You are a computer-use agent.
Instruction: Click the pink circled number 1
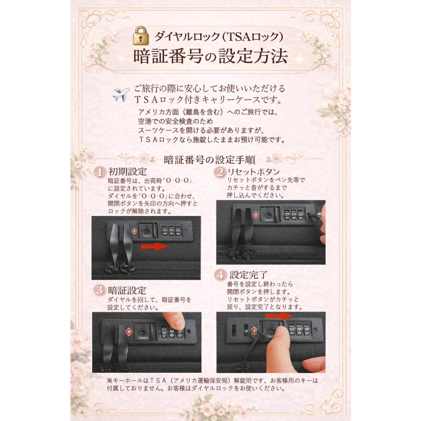100,172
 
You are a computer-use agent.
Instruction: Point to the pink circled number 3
100,290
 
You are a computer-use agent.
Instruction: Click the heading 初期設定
127,172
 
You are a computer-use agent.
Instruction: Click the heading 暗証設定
127,290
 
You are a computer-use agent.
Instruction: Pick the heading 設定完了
248,274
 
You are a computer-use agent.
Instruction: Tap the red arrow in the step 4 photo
282,317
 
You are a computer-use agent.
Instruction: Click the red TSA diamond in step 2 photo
255,215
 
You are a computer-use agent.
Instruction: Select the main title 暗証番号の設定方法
210,57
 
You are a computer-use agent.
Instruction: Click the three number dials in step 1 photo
171,232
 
